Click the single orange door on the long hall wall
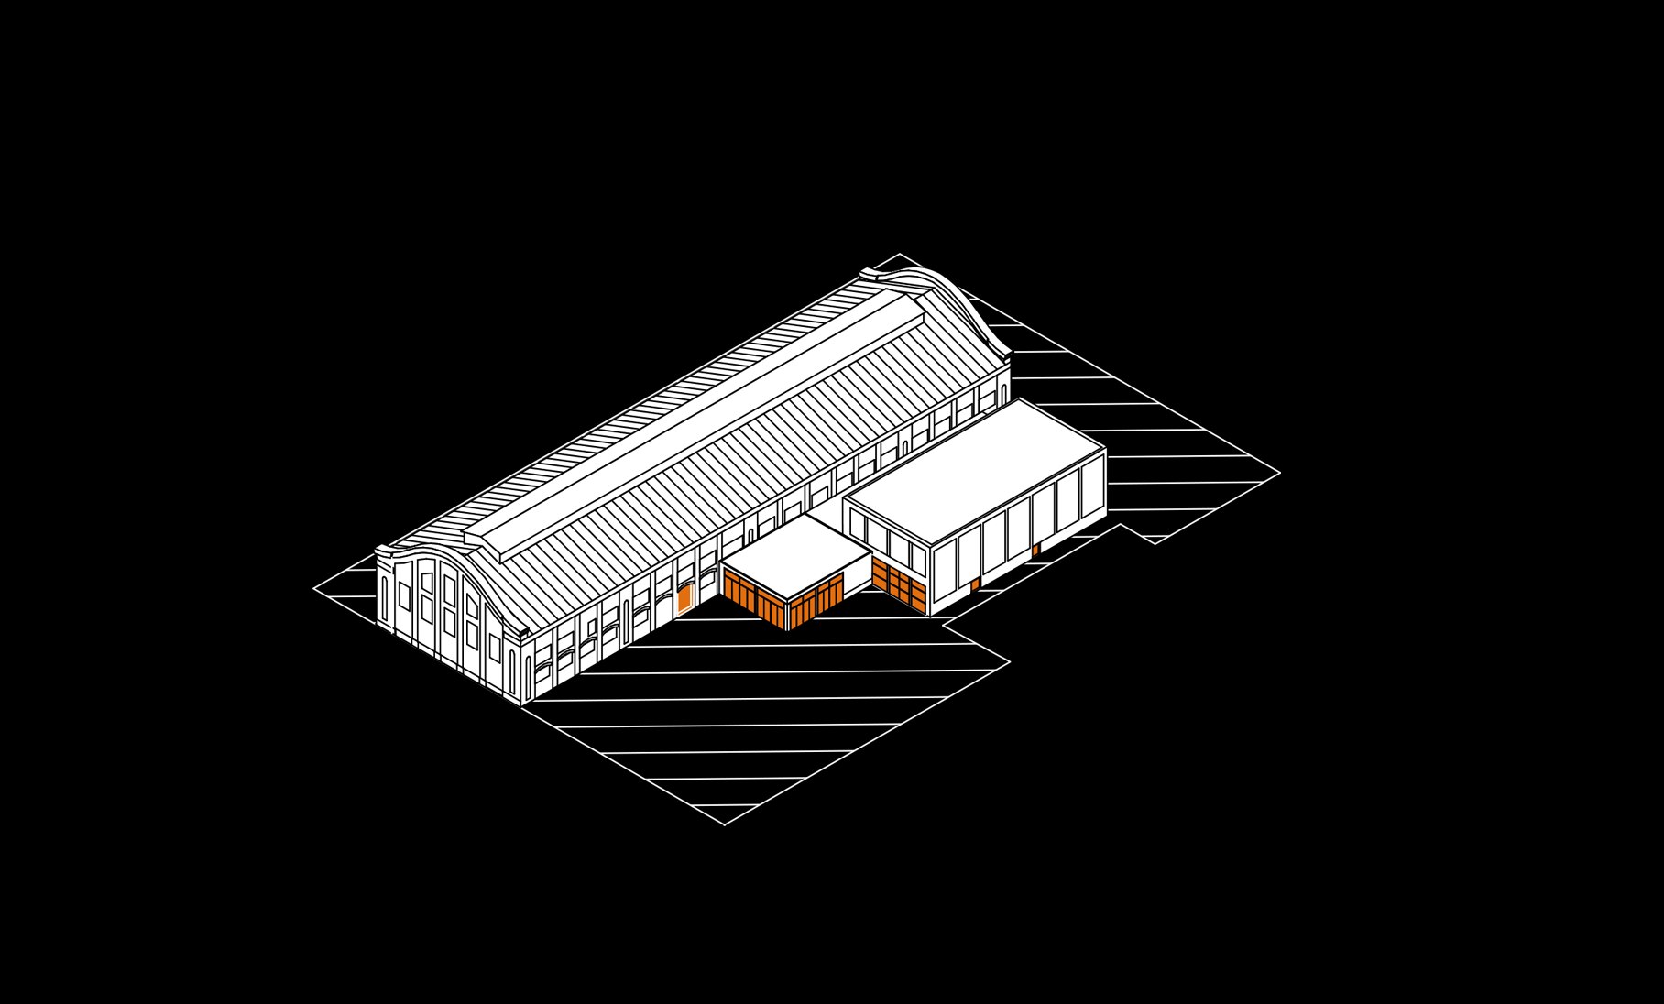pyautogui.click(x=684, y=598)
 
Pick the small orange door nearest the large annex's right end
pyautogui.click(x=1035, y=550)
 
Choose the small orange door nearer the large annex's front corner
pyautogui.click(x=975, y=584)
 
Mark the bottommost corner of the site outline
pyautogui.click(x=725, y=824)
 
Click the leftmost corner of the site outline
pyautogui.click(x=314, y=588)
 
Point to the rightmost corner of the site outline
pyautogui.click(x=1279, y=473)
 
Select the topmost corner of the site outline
pyautogui.click(x=899, y=254)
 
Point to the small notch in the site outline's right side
pyautogui.click(x=1142, y=536)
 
